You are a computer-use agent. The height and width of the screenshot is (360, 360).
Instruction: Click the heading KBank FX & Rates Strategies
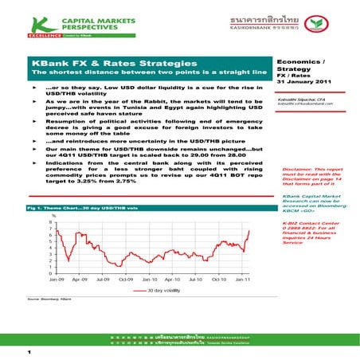(112, 62)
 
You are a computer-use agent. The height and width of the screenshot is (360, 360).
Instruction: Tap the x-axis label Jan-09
(56, 281)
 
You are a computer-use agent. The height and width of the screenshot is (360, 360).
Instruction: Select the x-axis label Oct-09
(125, 281)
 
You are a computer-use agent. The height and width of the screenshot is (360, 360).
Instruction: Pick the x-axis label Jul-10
(195, 281)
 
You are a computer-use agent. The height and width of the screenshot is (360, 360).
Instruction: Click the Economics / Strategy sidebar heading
(299, 64)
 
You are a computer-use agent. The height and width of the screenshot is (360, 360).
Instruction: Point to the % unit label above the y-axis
(53, 216)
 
